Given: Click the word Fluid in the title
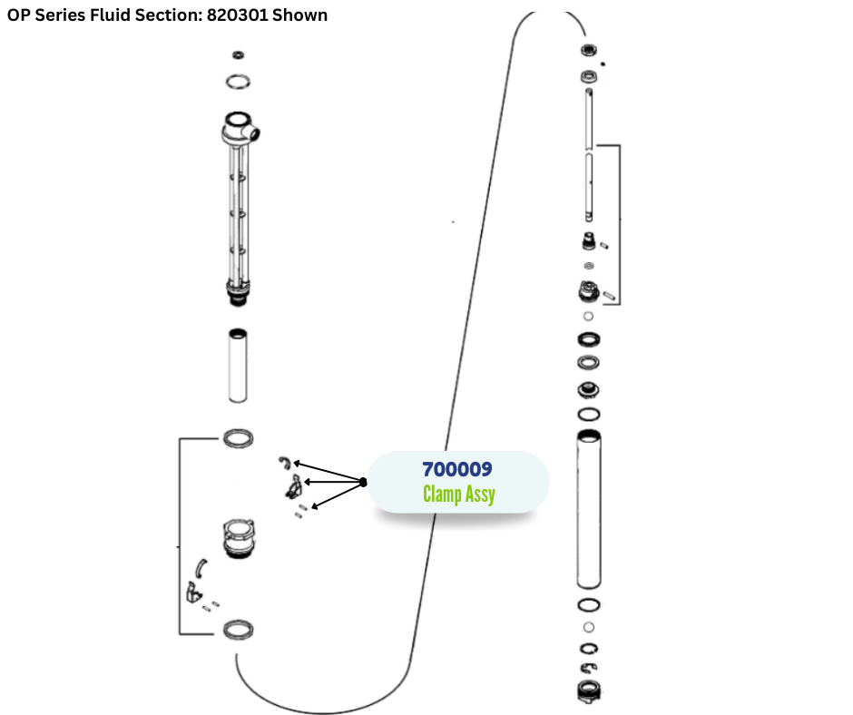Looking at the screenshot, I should tap(113, 15).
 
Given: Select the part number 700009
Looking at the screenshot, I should tap(457, 470).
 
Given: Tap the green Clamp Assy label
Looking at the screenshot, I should tap(458, 495).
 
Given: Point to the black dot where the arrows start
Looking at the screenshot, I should tap(363, 482).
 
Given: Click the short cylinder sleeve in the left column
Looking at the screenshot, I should tap(239, 365).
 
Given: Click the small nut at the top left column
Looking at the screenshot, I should tap(239, 55).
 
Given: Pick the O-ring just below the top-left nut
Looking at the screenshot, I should tap(239, 82).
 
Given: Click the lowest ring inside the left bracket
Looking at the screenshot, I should tap(238, 629).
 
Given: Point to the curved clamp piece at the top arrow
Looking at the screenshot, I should tap(284, 463).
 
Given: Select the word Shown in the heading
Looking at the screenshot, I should tap(304, 15).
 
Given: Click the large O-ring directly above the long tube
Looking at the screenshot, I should tap(588, 414).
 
